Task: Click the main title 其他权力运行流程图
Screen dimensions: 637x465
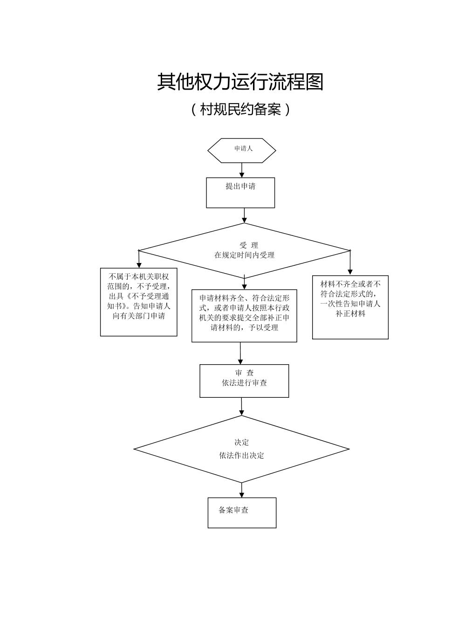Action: pyautogui.click(x=240, y=82)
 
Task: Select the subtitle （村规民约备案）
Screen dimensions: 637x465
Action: pyautogui.click(x=240, y=110)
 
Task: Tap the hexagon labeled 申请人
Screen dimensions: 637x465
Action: pyautogui.click(x=241, y=150)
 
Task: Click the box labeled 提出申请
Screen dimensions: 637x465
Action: pyautogui.click(x=240, y=192)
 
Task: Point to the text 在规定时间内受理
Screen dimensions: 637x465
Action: pyautogui.click(x=244, y=255)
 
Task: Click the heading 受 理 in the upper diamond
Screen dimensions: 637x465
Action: pyautogui.click(x=249, y=245)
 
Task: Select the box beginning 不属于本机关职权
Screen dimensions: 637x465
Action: pyautogui.click(x=139, y=302)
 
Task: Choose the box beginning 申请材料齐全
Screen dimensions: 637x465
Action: pyautogui.click(x=244, y=316)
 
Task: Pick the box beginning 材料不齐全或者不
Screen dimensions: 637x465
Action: pyautogui.click(x=350, y=307)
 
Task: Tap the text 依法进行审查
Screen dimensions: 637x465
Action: pyautogui.click(x=244, y=383)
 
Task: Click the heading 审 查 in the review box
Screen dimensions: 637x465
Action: pyautogui.click(x=244, y=373)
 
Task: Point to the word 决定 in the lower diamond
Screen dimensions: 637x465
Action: pyautogui.click(x=241, y=442)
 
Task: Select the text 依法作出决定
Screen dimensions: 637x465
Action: pyautogui.click(x=241, y=456)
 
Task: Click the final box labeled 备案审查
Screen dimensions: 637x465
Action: pyautogui.click(x=242, y=512)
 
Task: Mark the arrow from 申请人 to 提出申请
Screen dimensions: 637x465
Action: pyautogui.click(x=241, y=170)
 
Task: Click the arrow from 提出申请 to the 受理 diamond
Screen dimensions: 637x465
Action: pyautogui.click(x=244, y=215)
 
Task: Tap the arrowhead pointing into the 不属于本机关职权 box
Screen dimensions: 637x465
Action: pyautogui.click(x=139, y=265)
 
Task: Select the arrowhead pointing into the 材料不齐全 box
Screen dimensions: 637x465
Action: pyautogui.click(x=350, y=272)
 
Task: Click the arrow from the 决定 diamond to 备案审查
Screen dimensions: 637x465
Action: pyautogui.click(x=242, y=490)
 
